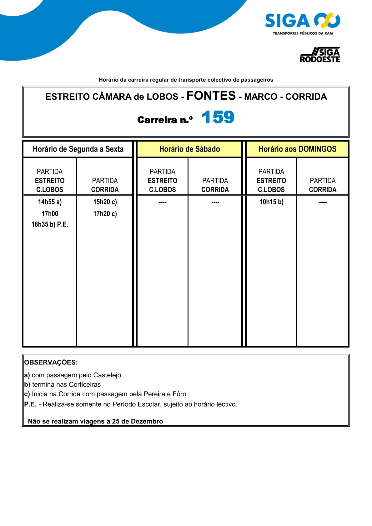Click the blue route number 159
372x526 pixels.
[x=218, y=118]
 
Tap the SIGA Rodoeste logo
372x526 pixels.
[x=320, y=55]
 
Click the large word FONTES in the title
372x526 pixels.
[x=211, y=96]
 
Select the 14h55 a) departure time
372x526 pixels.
[x=50, y=202]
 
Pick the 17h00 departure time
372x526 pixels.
[x=50, y=214]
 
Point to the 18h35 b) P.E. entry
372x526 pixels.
[x=50, y=224]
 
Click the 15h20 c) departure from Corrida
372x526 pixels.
[x=105, y=202]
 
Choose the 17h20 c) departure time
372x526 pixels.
[x=105, y=214]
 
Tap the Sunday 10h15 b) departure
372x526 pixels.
[x=271, y=202]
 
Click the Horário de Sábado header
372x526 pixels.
[x=189, y=149]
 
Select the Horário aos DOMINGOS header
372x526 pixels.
[x=297, y=149]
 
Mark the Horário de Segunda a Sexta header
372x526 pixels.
[x=78, y=149]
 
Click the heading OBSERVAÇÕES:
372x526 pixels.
[x=51, y=362]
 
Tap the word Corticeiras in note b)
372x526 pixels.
[x=85, y=384]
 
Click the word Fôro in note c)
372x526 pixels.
[x=179, y=394]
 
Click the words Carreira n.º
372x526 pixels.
[x=165, y=120]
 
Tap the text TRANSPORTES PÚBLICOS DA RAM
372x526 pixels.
[x=303, y=33]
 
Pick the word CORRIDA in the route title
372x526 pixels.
[x=306, y=97]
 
